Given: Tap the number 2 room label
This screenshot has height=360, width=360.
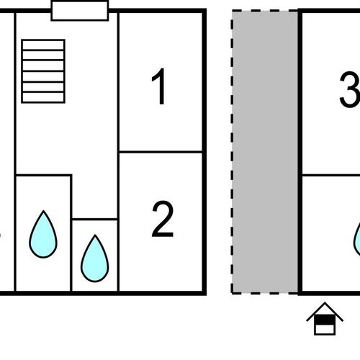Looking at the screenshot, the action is pos(163,219).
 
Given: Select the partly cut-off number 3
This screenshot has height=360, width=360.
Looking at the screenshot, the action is pos(350,89).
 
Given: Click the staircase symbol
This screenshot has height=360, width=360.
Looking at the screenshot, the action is pos(43,71).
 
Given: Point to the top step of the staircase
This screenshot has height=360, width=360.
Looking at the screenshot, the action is pos(43,45).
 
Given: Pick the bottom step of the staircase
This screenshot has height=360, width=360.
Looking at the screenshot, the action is pos(43,98).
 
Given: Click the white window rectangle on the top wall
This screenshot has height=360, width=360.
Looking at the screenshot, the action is pos(80,11).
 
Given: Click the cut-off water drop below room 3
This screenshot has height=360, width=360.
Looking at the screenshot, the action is pos(357,240).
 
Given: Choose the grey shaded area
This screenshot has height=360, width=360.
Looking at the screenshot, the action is pos(265,152).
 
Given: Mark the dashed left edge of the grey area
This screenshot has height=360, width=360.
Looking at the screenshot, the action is pos(232,152).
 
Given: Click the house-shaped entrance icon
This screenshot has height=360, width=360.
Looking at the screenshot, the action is pos(325,318).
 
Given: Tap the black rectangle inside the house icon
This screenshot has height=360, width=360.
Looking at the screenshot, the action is pos(325,320).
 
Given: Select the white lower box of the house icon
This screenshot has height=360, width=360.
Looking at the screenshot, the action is pos(325,329).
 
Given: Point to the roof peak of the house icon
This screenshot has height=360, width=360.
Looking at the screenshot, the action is pos(325,302).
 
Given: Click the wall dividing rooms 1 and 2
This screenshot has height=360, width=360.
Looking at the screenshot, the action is pos(161,152).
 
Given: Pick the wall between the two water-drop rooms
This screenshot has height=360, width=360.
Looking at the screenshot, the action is pos(71,233).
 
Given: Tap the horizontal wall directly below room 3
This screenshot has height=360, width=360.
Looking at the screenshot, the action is pos(330,176).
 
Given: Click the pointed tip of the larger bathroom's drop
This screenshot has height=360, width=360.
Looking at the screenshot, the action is pos(43,211).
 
